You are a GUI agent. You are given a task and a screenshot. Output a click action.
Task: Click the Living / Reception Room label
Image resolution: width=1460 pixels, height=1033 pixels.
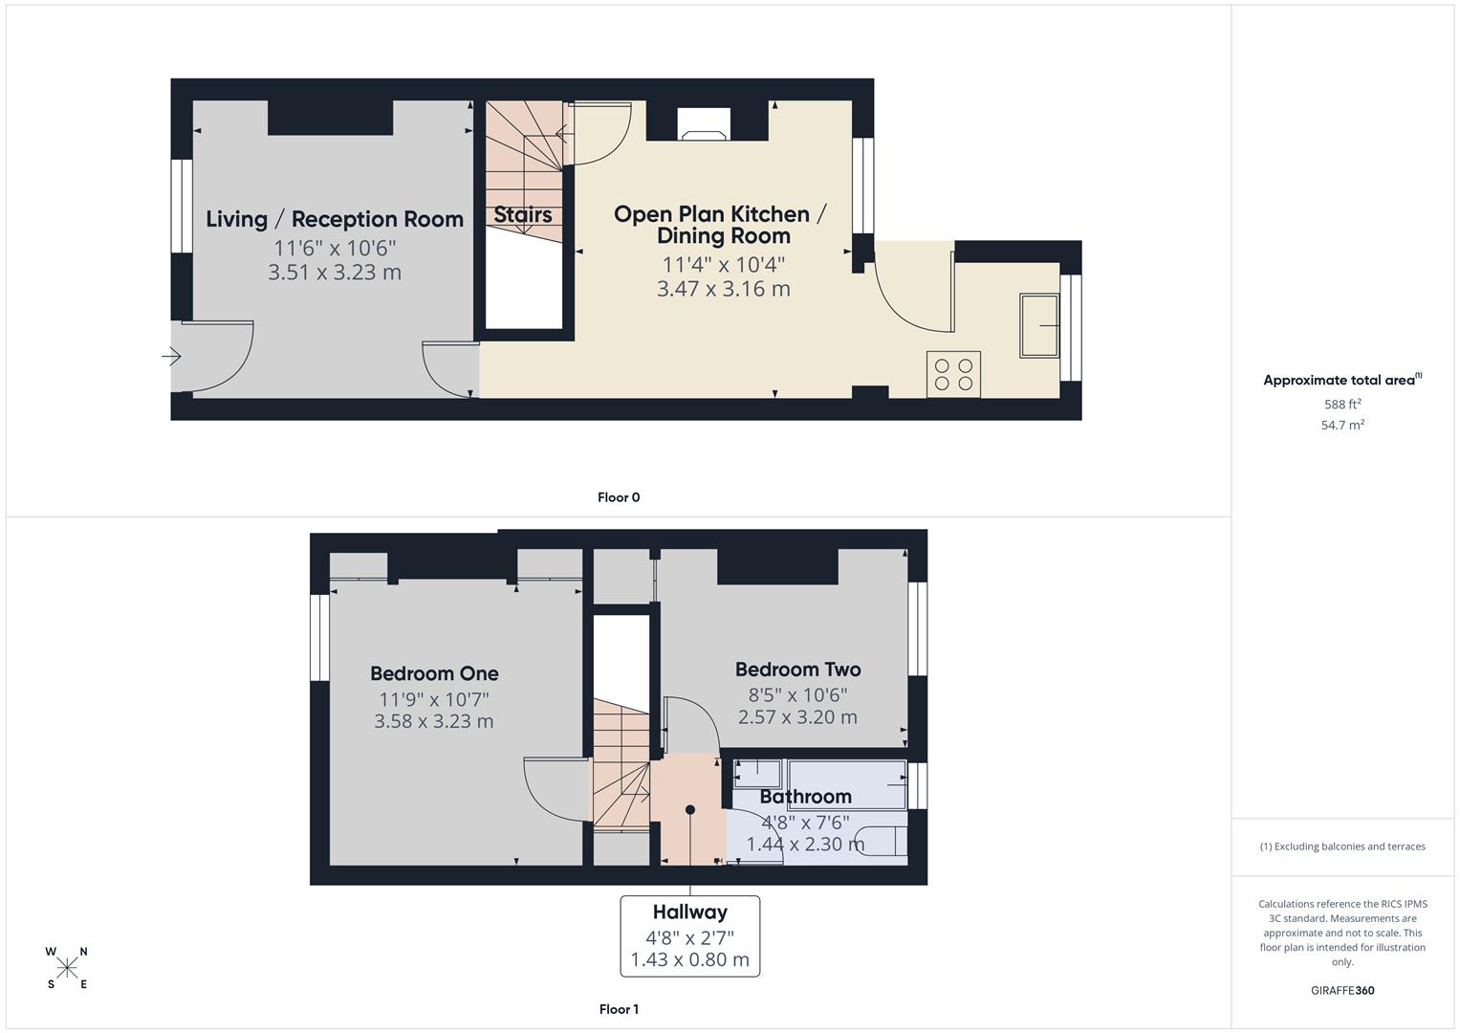point(335,219)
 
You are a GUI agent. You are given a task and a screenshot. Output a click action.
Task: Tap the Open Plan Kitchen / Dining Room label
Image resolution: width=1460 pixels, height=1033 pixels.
point(722,225)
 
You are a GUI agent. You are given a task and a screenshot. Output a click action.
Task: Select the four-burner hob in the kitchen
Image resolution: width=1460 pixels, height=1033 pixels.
point(953,374)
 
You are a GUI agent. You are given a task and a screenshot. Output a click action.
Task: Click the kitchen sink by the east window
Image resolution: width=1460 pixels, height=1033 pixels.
point(1039,326)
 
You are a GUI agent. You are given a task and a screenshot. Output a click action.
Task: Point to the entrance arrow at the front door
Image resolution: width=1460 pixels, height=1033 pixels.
point(172,357)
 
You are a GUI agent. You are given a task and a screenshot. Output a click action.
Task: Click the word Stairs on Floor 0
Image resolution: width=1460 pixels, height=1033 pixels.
point(523,215)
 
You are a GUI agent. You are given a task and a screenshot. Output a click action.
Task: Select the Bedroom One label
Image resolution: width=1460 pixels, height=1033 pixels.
point(434,673)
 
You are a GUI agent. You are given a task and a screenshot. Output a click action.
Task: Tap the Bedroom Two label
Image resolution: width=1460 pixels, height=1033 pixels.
point(797,670)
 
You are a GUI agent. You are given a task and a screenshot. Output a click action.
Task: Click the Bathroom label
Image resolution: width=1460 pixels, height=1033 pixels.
point(805,797)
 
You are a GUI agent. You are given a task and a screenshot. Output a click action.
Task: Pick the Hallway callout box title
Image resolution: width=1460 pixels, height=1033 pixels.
point(689,912)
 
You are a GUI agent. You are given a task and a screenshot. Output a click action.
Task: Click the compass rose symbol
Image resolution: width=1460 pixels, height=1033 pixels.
point(67,968)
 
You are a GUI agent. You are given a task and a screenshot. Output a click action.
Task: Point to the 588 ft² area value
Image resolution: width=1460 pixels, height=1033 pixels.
point(1342,405)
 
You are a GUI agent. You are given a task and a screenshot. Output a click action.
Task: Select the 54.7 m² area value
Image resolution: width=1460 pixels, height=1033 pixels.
point(1342,426)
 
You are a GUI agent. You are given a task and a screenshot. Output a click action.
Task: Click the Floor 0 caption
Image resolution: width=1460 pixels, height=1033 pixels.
point(619,497)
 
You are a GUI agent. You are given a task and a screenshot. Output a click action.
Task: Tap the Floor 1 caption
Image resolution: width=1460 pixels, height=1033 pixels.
point(619,1009)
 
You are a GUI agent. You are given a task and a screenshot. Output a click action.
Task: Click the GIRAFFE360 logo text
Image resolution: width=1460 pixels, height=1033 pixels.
point(1342,991)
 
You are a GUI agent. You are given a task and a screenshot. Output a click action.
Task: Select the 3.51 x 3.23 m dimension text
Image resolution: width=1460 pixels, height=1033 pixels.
point(335,273)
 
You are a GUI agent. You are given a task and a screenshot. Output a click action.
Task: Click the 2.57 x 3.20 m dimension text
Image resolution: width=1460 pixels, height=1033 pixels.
point(797,717)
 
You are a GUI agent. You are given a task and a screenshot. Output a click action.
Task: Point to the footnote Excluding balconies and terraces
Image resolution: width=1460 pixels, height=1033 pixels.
point(1342,846)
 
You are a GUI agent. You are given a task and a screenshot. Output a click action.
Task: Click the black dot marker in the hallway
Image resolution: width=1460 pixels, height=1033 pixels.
point(690,810)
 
